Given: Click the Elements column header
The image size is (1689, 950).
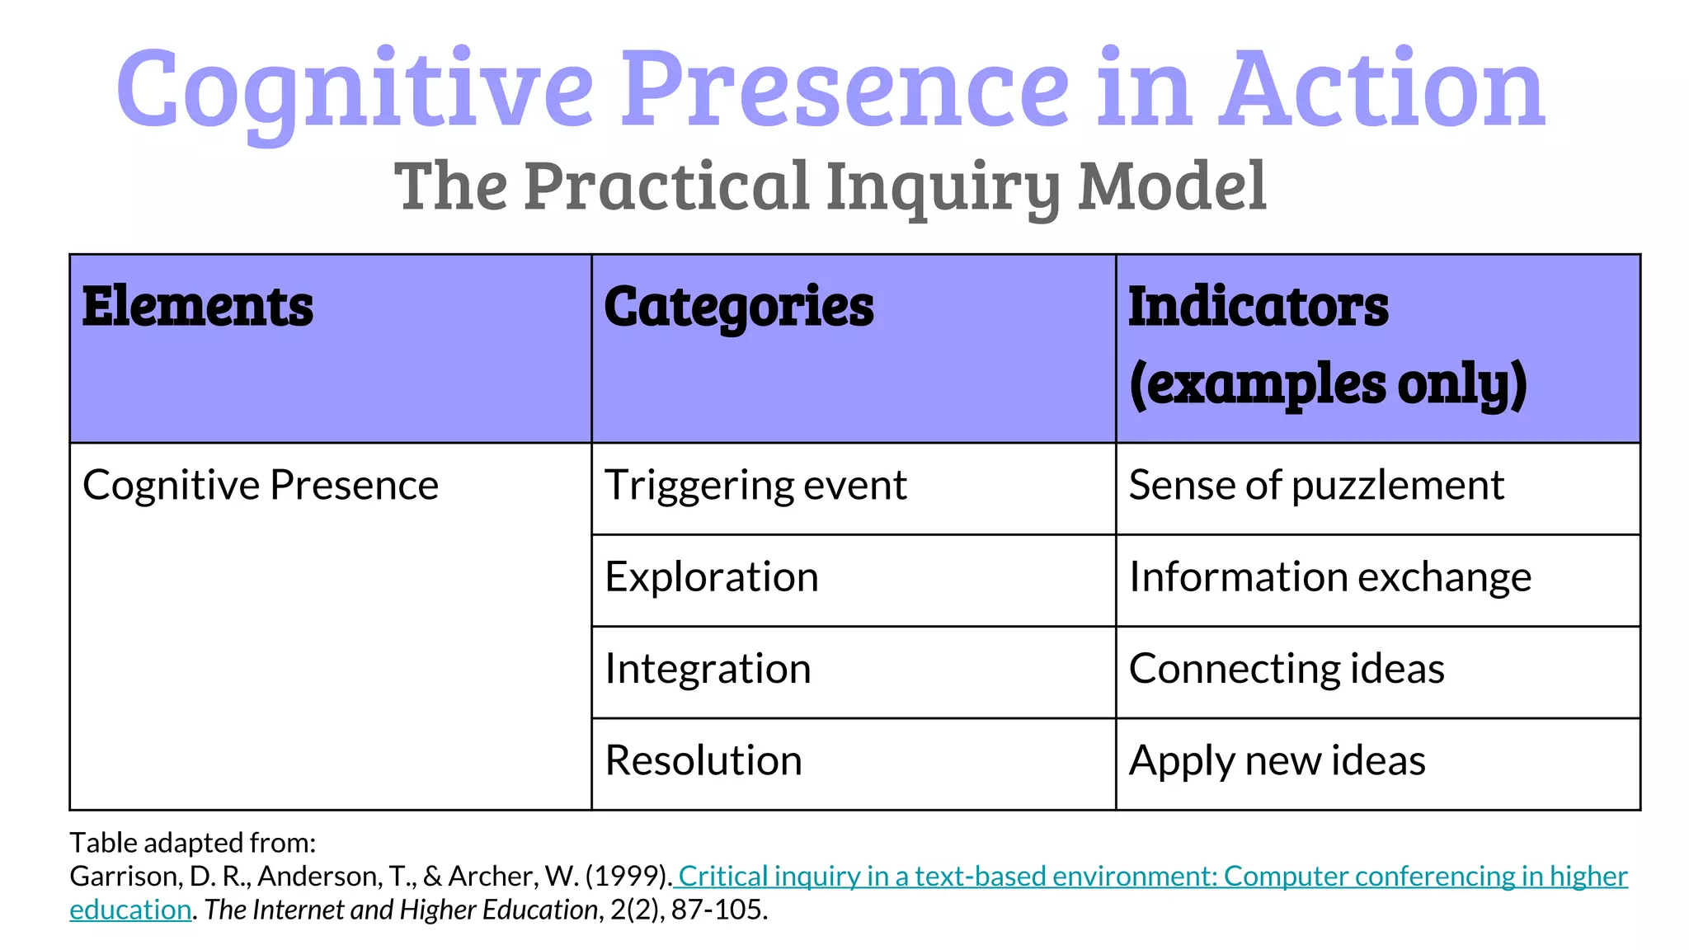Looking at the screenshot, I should click(x=198, y=307).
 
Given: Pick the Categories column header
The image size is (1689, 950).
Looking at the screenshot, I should click(x=738, y=307).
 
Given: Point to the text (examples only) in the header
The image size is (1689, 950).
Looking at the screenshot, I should click(x=1328, y=384).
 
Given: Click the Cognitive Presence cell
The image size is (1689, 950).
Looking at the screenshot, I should click(x=261, y=485).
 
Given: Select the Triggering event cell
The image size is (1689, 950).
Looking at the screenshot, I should click(x=755, y=485).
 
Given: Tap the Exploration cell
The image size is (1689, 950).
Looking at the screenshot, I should click(x=712, y=576).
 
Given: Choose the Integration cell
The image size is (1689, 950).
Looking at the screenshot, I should click(x=708, y=668).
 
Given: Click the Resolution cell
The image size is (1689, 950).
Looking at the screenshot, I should click(x=703, y=760).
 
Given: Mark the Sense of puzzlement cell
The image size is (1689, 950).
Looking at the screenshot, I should click(x=1316, y=485).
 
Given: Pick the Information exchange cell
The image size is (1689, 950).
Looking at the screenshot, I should click(x=1329, y=576).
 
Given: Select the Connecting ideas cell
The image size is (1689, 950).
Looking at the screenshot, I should click(x=1287, y=668).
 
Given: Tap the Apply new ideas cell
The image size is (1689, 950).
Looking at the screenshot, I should click(x=1277, y=760).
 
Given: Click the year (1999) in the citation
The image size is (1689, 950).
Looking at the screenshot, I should click(x=628, y=876).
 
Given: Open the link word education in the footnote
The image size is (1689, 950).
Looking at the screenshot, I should click(x=130, y=910).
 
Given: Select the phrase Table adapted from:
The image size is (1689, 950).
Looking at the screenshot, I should click(x=193, y=843).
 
